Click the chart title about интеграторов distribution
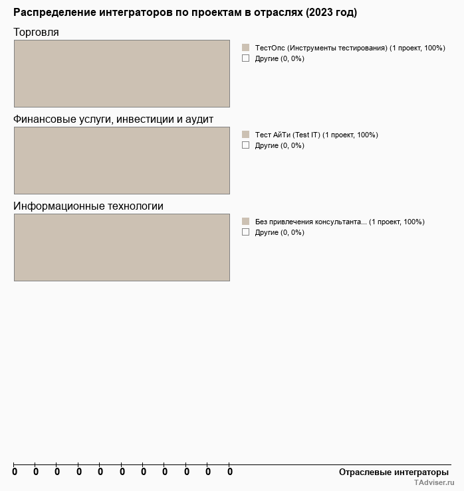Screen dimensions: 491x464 click(x=185, y=13)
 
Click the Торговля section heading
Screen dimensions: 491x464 click(x=36, y=33)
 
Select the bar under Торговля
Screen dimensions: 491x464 click(x=122, y=74)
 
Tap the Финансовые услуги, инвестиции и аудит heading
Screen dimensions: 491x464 click(x=113, y=119)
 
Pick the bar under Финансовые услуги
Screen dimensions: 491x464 click(x=122, y=161)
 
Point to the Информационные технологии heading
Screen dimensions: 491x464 click(x=88, y=206)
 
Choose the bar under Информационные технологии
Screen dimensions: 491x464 click(x=122, y=247)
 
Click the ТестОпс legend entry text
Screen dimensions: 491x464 click(x=350, y=48)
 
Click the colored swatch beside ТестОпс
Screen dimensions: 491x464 click(x=245, y=48)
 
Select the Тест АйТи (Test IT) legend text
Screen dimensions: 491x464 click(x=316, y=135)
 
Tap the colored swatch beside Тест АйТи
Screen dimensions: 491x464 click(x=245, y=135)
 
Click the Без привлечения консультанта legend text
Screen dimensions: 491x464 click(x=340, y=222)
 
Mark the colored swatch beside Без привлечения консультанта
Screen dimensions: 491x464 click(x=245, y=222)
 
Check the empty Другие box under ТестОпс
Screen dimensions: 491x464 click(x=245, y=58)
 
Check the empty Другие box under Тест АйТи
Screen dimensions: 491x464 click(x=245, y=145)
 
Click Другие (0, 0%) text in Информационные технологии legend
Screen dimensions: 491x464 click(x=279, y=232)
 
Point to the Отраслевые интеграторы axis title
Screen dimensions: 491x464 click(x=394, y=472)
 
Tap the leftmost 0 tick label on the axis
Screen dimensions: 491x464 click(x=15, y=472)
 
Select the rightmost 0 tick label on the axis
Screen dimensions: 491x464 click(x=230, y=472)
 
